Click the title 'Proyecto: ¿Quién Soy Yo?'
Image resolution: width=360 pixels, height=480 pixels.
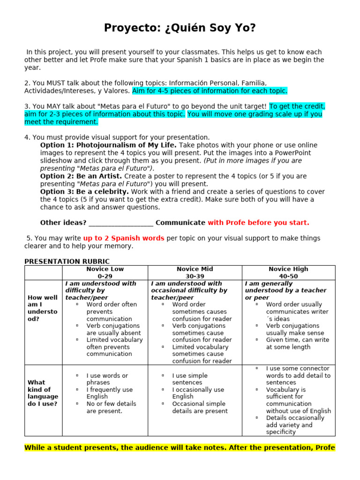(180, 29)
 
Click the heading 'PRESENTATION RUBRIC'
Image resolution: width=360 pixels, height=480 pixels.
(67, 262)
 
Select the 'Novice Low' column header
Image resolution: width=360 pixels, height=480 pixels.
(105, 269)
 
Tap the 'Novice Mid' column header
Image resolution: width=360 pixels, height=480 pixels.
(195, 269)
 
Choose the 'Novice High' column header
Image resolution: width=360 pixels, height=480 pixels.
(288, 269)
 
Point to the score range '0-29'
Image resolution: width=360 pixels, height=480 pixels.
(105, 276)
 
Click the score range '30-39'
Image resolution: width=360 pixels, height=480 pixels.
(195, 276)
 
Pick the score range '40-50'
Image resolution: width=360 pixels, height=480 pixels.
(288, 276)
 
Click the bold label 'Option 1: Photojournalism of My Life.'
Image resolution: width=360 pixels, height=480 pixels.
(108, 145)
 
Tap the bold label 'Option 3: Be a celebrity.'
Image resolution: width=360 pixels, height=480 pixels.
(84, 192)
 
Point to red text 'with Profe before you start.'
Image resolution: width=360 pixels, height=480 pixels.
(258, 223)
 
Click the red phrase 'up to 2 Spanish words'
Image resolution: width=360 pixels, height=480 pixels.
(124, 238)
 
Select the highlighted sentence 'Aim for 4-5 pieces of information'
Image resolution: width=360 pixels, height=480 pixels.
(210, 90)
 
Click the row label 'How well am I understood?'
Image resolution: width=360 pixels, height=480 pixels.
(43, 308)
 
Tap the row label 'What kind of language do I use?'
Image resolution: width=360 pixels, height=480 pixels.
(43, 393)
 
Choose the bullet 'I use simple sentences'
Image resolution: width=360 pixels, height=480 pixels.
(190, 379)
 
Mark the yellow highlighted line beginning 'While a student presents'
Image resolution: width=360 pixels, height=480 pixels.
(180, 448)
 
